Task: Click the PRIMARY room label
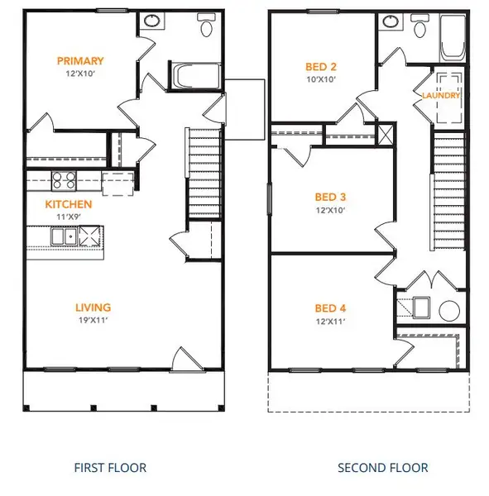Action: coord(80,60)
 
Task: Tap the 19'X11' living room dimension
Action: coord(93,320)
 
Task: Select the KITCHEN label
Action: coord(69,204)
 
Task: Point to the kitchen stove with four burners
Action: coord(64,180)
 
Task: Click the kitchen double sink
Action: coord(64,236)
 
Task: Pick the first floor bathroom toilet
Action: coord(207,25)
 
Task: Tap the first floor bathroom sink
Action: coord(152,21)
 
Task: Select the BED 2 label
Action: coord(321,67)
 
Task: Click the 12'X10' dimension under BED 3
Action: coord(330,210)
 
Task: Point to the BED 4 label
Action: coord(330,308)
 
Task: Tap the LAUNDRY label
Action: coord(441,95)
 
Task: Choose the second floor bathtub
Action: coord(453,38)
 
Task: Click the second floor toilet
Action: coord(420,26)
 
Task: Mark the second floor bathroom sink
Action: coord(391,21)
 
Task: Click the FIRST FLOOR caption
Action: coord(110,468)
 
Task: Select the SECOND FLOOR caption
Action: coord(382,468)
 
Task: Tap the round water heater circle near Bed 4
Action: coord(449,311)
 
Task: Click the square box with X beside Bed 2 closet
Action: coord(386,135)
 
